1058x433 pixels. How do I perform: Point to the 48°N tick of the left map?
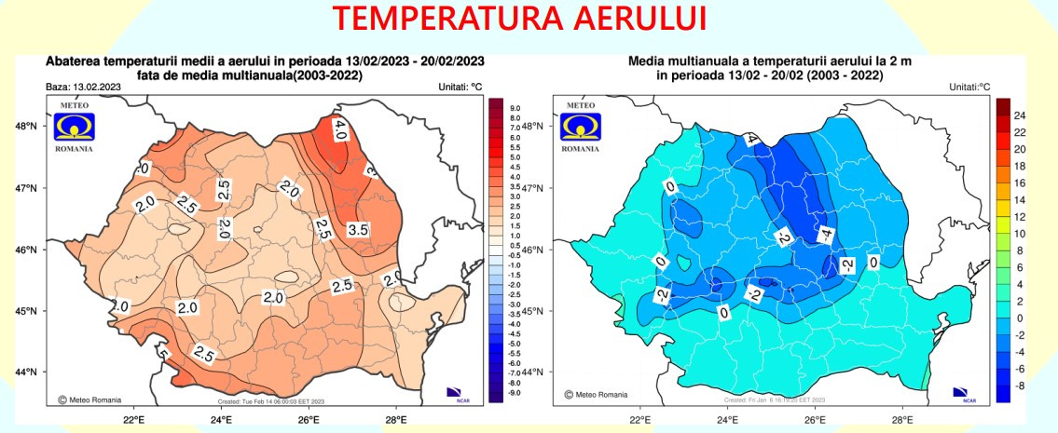point(26,127)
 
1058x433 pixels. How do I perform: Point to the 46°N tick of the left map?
point(26,250)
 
